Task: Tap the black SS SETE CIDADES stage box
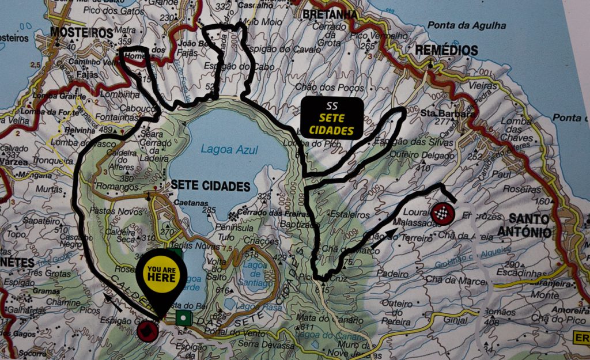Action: click(331, 118)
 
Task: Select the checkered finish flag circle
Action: click(443, 214)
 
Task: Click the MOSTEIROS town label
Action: click(81, 33)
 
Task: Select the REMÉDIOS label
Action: click(447, 50)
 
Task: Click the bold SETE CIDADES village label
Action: click(211, 186)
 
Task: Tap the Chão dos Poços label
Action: click(330, 88)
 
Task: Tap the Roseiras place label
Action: click(521, 188)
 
